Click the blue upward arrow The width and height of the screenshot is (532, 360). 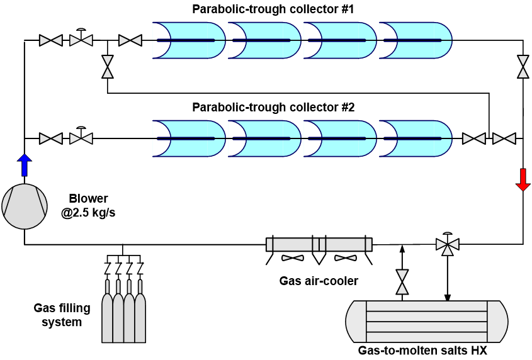coord(25,165)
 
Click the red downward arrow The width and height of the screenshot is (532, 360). coord(523,179)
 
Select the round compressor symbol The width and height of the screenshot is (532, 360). coord(25,206)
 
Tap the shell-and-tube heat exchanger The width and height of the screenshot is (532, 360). coord(427,322)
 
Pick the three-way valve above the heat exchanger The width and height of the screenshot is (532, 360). coord(448,244)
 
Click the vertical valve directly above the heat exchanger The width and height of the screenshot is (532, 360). coord(402,282)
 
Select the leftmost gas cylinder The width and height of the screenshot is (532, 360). coord(107,318)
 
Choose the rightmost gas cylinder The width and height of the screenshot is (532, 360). coord(140,318)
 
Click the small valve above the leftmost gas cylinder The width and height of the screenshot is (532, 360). coord(107,268)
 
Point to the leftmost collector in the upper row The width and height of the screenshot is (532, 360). coord(189,40)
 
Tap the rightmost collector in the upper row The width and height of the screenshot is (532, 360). coord(416,40)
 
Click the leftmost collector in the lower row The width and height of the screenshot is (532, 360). coord(189,138)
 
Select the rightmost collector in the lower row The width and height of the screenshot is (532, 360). coord(416,138)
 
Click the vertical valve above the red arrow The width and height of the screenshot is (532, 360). coord(523,67)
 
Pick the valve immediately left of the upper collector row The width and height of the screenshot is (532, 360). coord(130,40)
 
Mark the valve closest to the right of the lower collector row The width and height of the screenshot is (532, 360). coord(474,138)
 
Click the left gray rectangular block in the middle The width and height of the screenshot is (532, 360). coord(293,244)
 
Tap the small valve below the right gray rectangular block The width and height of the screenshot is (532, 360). coord(346,258)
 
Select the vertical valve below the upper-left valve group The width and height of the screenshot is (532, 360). coord(108,67)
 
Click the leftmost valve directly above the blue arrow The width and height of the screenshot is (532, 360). coord(51,138)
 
